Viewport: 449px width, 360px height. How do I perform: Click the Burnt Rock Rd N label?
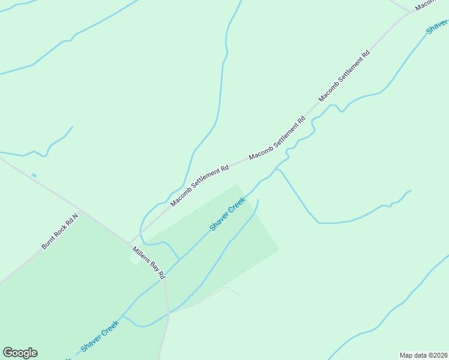pyautogui.click(x=60, y=232)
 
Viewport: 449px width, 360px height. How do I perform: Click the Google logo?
pyautogui.click(x=20, y=353)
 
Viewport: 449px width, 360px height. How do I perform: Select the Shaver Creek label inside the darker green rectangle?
pyautogui.click(x=228, y=214)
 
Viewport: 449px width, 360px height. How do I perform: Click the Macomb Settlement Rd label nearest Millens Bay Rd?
pyautogui.click(x=199, y=185)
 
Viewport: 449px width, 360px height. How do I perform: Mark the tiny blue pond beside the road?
pyautogui.click(x=34, y=175)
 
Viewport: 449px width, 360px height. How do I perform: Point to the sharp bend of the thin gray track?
pyautogui.click(x=226, y=288)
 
